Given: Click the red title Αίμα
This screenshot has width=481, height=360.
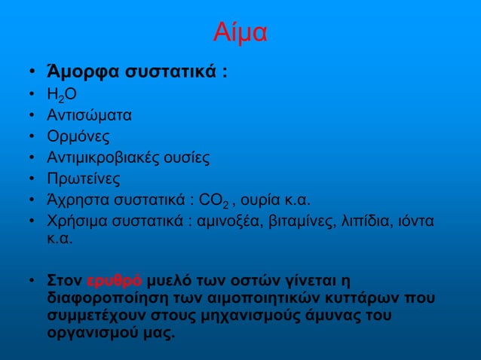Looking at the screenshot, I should click(x=240, y=33).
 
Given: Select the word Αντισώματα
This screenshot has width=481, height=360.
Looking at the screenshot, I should click(x=88, y=116).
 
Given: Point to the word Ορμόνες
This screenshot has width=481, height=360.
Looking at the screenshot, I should click(x=78, y=137).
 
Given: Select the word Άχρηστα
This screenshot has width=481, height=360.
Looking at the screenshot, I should click(x=74, y=200).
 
